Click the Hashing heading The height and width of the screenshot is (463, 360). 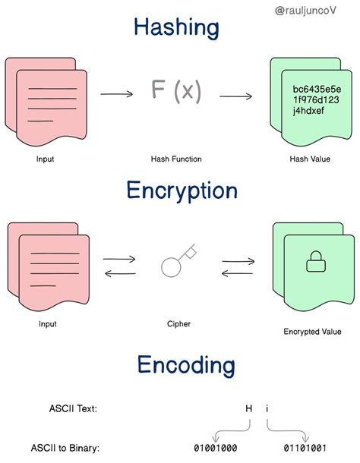coord(176,27)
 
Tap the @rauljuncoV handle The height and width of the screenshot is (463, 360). coord(305,11)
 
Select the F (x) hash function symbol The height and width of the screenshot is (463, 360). coord(176,90)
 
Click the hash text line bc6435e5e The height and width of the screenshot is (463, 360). coord(317,89)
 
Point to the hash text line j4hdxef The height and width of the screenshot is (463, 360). coord(308,111)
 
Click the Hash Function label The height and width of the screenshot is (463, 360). coord(176,159)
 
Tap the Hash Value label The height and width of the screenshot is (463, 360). coord(310,159)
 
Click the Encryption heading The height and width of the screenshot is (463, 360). coord(182,191)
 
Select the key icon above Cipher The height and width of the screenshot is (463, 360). coord(179,260)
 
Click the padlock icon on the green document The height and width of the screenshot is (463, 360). coord(316,261)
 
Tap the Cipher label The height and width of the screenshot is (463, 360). coord(178,324)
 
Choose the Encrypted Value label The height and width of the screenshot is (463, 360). coord(312,332)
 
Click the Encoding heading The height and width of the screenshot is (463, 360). coord(186,365)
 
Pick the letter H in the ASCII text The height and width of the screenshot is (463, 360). coord(249,408)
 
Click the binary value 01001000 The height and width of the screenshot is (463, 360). coord(216,448)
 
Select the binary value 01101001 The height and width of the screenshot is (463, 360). coord(305,448)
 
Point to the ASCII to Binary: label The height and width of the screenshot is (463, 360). coord(65,448)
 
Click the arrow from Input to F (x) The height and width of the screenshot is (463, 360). coord(117,94)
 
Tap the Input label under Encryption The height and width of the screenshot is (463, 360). coord(48,324)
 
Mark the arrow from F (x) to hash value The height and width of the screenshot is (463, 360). coord(235,96)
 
